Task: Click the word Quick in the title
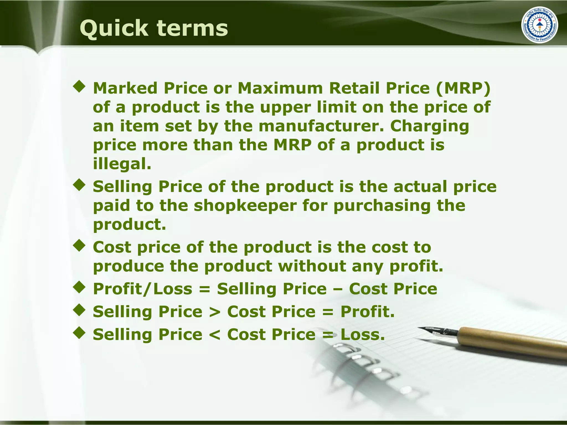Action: pyautogui.click(x=114, y=28)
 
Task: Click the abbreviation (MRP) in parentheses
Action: pyautogui.click(x=463, y=88)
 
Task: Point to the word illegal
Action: pyautogui.click(x=122, y=164)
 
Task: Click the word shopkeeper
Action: pyautogui.click(x=245, y=206)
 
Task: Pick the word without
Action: pyautogui.click(x=312, y=266)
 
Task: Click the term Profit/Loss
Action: pyautogui.click(x=143, y=289)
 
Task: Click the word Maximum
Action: pyautogui.click(x=280, y=88)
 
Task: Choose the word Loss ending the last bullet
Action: pyautogui.click(x=362, y=335)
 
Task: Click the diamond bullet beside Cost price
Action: pyautogui.click(x=79, y=245)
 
